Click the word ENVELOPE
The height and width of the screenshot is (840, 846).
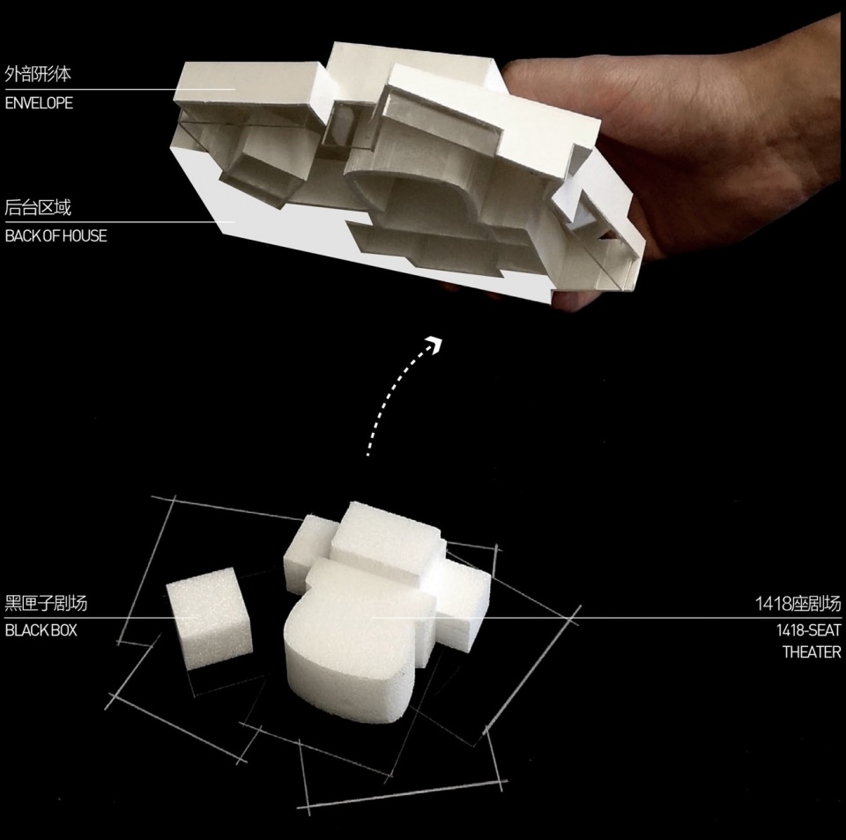click(39, 103)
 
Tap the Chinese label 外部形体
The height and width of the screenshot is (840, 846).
click(38, 74)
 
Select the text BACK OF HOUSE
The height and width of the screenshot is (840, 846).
click(56, 235)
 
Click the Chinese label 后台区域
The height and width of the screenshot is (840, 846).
click(38, 207)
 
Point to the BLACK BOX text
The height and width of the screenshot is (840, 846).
click(41, 630)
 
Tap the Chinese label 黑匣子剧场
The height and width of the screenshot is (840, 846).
click(46, 603)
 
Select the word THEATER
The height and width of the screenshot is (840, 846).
click(812, 651)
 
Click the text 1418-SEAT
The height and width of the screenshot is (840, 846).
click(808, 629)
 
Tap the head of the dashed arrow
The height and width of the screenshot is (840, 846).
click(434, 343)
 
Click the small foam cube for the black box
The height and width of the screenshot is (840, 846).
click(210, 618)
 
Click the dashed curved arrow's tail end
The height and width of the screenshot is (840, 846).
click(368, 455)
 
